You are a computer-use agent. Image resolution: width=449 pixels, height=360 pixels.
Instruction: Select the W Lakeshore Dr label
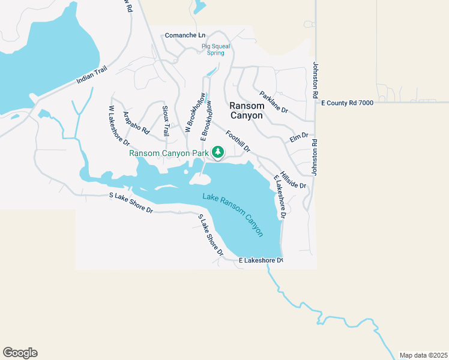tap(119, 126)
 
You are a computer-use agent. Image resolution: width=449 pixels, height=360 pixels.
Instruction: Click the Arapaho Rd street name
tap(136, 122)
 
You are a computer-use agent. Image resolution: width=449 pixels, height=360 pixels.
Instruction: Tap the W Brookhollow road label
tap(195, 112)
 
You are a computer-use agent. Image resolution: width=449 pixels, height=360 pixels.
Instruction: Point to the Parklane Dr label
tap(274, 102)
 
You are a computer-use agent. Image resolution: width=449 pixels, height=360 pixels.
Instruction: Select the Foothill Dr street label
tap(238, 140)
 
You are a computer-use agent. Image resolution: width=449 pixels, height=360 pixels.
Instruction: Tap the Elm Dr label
tap(298, 138)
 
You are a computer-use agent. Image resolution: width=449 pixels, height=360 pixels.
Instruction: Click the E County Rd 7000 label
tap(348, 103)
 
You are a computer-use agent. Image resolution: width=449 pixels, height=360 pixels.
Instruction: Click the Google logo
tap(20, 353)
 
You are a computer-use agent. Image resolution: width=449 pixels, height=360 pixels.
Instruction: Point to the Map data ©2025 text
tap(423, 355)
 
